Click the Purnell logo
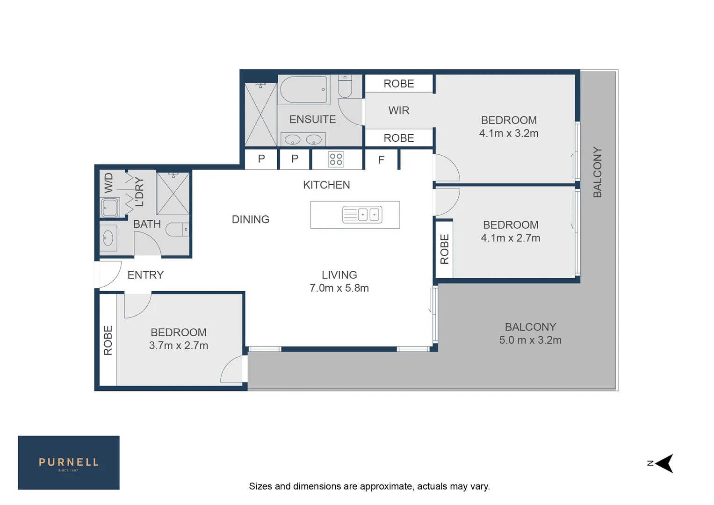(x=69, y=462)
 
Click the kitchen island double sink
(x=362, y=215)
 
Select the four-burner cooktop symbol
(x=336, y=159)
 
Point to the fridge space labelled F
(x=381, y=160)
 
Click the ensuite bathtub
(x=304, y=89)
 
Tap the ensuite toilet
(x=345, y=87)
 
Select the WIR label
(x=399, y=110)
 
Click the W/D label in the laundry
(x=108, y=183)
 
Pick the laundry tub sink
(x=110, y=208)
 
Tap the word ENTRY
(x=145, y=275)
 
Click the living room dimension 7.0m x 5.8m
(x=339, y=288)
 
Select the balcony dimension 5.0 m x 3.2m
(x=530, y=340)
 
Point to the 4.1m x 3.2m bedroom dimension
(x=509, y=133)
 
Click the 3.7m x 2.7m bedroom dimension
(x=179, y=346)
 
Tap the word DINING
(x=251, y=219)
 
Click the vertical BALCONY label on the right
(x=597, y=172)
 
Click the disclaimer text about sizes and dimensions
(x=369, y=486)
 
